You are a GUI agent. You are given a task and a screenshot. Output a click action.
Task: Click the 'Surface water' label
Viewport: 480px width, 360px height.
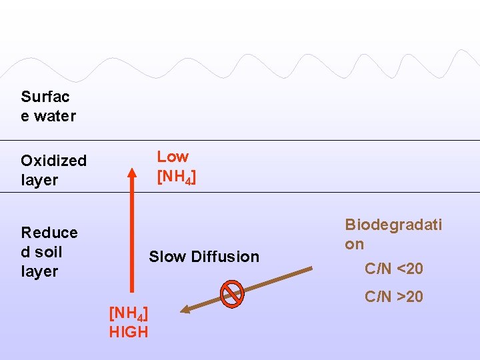(48, 106)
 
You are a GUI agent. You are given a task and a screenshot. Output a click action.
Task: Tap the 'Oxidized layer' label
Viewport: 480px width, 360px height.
(53, 170)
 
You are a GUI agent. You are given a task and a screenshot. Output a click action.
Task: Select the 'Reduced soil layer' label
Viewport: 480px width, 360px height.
(49, 251)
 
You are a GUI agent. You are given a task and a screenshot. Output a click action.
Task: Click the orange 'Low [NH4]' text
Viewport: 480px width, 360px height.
(176, 167)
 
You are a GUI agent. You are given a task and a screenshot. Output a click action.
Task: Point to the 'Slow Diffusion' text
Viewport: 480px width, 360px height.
(203, 257)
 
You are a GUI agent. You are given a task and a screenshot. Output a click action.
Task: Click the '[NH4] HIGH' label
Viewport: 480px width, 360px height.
(129, 322)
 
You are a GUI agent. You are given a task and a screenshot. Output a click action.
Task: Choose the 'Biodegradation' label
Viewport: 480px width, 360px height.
(393, 234)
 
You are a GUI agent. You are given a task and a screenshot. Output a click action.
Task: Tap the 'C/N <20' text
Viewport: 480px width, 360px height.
(393, 269)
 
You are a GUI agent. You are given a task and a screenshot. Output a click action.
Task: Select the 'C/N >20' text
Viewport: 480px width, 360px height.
(393, 297)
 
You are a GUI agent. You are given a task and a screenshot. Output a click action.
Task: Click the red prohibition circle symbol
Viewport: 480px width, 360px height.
(232, 293)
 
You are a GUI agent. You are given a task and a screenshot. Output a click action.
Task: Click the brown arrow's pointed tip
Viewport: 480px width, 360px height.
(183, 309)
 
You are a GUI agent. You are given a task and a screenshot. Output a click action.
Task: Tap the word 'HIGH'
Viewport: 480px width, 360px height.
(129, 331)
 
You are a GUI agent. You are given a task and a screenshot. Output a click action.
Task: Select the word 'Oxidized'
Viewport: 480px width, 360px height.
(53, 161)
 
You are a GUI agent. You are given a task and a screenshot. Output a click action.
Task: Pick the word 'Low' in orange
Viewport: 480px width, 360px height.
(173, 157)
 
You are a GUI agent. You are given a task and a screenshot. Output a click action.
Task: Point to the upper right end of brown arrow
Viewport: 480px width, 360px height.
(311, 269)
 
